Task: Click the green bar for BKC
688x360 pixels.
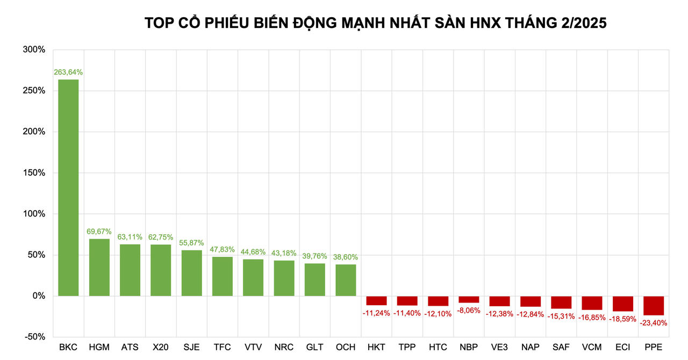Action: (x=68, y=188)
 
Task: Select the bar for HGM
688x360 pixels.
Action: (x=99, y=267)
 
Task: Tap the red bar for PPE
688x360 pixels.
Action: (x=654, y=305)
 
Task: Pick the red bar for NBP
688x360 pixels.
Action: (x=469, y=299)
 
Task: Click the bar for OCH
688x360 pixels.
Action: (x=346, y=280)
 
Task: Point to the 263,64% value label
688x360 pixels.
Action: (x=68, y=72)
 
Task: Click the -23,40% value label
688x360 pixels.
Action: (x=654, y=323)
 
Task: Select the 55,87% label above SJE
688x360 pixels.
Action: (x=191, y=243)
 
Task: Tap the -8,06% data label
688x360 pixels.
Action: (x=469, y=310)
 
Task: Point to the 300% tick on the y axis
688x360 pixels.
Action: (x=34, y=49)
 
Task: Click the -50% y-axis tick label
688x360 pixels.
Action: (x=34, y=337)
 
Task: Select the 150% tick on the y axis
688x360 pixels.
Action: (x=34, y=173)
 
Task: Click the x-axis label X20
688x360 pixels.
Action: (x=161, y=348)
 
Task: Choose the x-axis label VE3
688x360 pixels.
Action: (x=499, y=348)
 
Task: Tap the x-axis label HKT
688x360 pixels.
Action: (x=376, y=348)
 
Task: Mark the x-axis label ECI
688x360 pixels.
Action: (x=622, y=348)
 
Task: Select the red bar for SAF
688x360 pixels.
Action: (x=561, y=302)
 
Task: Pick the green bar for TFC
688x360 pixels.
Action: (x=223, y=276)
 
